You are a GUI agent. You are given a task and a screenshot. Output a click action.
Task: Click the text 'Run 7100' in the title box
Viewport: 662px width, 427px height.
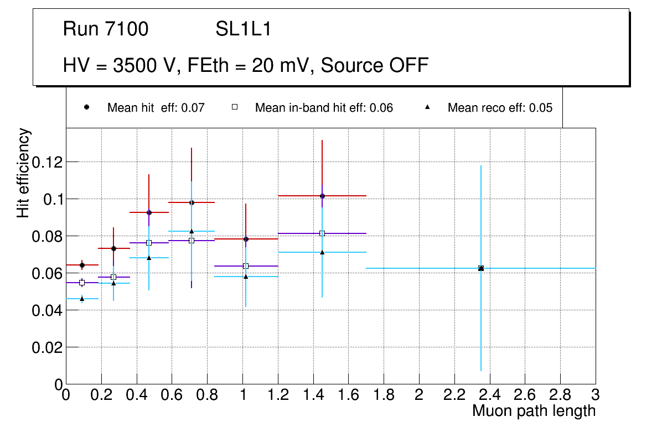[106, 29]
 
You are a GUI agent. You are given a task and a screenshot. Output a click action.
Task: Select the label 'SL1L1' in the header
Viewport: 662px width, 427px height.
[244, 29]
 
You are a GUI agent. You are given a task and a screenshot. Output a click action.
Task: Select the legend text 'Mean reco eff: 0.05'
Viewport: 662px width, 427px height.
[500, 108]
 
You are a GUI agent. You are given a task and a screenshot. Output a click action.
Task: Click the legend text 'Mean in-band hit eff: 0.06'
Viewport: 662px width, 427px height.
[324, 108]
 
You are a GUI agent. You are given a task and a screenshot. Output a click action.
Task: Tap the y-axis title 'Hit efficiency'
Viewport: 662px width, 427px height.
[24, 173]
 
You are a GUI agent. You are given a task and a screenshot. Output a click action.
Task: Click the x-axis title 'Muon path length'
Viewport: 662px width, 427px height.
[534, 411]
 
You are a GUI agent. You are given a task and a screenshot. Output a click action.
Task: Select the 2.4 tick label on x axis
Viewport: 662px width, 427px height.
[489, 395]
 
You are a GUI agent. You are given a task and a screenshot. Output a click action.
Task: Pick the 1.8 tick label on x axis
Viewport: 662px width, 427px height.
[384, 395]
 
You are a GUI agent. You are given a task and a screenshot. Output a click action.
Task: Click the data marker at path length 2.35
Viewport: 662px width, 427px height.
[481, 268]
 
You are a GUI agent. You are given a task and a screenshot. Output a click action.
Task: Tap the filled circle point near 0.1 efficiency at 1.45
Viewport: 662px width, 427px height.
[322, 196]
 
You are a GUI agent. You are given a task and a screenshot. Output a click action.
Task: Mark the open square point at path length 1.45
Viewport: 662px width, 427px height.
[322, 233]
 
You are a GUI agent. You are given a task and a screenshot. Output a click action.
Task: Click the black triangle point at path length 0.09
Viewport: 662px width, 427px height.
[82, 299]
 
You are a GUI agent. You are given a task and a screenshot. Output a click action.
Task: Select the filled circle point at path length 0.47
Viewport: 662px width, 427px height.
[149, 212]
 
